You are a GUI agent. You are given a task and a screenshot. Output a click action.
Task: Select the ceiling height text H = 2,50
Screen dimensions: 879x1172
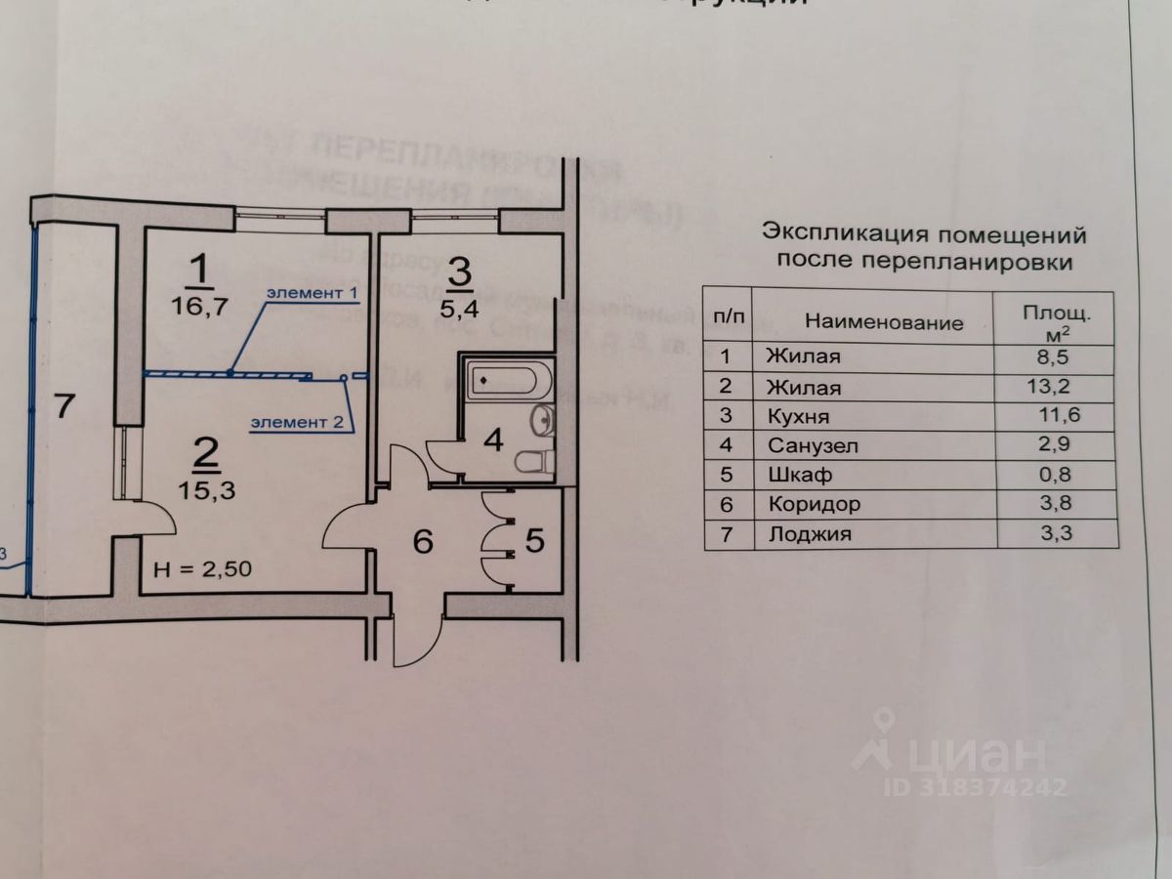(x=205, y=569)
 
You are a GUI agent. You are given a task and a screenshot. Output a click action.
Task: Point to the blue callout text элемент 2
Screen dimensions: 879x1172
(x=297, y=422)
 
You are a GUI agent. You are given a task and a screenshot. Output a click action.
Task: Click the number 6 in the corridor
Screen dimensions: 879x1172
(x=422, y=542)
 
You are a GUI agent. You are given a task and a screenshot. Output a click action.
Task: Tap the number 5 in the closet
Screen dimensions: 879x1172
(x=534, y=540)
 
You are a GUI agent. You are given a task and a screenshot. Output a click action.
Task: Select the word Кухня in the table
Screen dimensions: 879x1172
(x=799, y=416)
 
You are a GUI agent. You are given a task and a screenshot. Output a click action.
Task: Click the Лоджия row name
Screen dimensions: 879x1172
(x=810, y=534)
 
